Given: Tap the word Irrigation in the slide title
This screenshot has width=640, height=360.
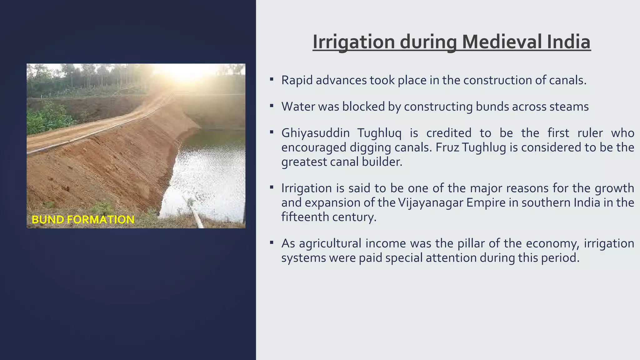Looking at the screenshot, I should [354, 42].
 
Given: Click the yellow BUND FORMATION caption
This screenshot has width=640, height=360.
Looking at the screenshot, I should [83, 219].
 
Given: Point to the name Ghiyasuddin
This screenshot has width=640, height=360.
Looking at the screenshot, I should [315, 133].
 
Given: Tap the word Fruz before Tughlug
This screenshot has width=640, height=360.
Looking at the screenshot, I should [447, 147].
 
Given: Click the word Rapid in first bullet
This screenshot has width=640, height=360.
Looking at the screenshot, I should [297, 80].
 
